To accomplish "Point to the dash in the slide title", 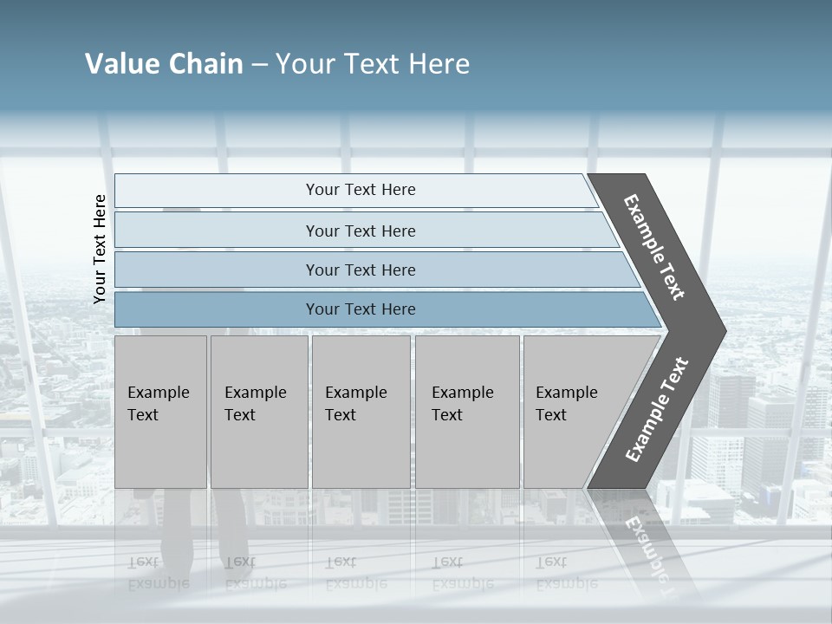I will tap(259, 64).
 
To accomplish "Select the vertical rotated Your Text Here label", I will tap(101, 250).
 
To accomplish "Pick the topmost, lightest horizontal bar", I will tap(361, 190).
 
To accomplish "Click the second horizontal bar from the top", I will tap(361, 231).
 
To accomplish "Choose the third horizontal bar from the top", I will tap(361, 270).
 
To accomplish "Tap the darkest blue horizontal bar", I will tap(361, 309).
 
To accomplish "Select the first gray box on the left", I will tap(160, 412).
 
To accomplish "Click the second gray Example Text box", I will tap(259, 412).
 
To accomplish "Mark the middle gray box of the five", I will tap(361, 412).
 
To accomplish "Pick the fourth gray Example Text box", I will tap(467, 412).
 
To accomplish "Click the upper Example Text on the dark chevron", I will tap(654, 247).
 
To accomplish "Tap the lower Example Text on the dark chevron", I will tap(657, 409).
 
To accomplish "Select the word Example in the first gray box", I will tap(158, 393).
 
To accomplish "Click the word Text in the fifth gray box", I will tap(551, 415).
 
